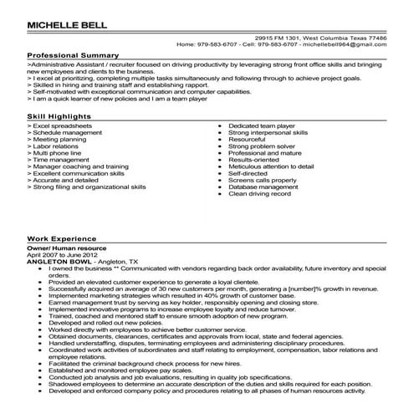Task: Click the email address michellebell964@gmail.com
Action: pyautogui.click(x=350, y=45)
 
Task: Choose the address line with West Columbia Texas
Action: pyautogui.click(x=334, y=38)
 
